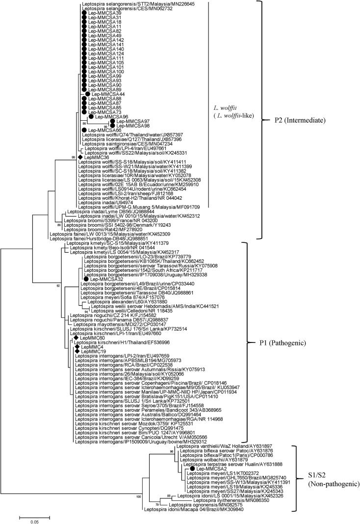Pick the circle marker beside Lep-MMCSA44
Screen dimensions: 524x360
point(88,94)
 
